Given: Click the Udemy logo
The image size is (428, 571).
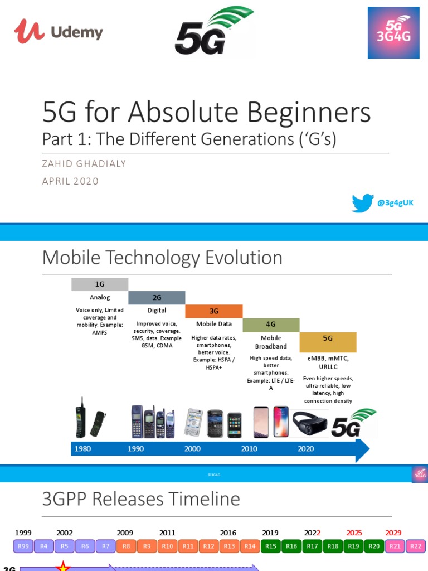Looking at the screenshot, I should point(59,31).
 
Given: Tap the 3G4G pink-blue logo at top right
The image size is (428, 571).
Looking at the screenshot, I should point(393,32).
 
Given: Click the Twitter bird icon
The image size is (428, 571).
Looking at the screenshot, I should point(362,203).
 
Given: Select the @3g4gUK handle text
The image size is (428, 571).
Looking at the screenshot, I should point(396,203).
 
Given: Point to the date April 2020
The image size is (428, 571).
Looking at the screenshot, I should point(70,181).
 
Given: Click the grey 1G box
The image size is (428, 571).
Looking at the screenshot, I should point(100,284).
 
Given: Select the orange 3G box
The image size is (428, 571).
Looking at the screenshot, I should point(213,311).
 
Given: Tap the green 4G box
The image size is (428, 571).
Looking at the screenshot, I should point(271,325).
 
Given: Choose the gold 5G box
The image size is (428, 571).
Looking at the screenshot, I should point(328,338).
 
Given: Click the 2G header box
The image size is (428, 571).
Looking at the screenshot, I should point(157,298).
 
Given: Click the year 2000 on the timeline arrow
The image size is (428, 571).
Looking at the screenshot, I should point(193,448).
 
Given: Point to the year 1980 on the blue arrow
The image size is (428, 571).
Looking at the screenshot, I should point(82,448).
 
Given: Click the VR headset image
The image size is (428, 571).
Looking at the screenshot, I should point(309,423).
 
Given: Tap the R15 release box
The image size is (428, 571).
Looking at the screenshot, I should point(271,546).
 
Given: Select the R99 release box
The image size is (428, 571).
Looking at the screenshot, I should point(23,546).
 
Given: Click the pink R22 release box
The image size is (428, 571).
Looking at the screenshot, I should point(415,546).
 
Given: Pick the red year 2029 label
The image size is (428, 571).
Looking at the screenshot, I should point(393,533).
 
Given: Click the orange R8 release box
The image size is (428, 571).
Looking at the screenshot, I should point(127,546).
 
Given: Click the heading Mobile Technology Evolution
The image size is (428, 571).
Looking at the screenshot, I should point(162,258).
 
